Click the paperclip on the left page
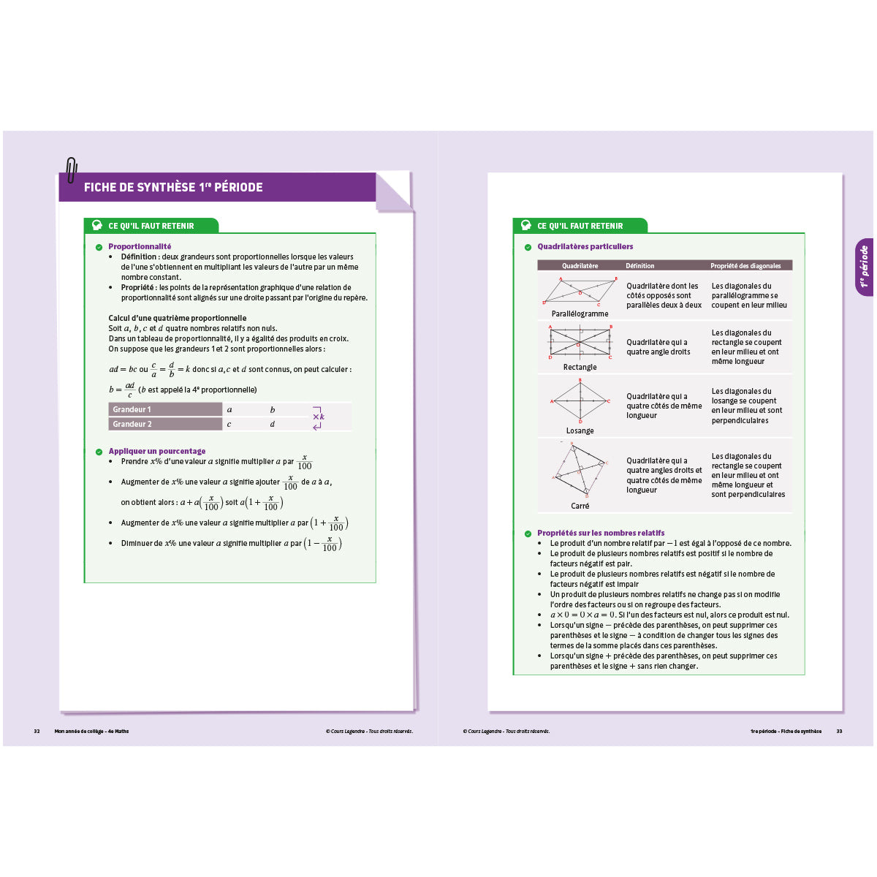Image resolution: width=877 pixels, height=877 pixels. [72, 170]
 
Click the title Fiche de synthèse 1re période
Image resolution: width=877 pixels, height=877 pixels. [173, 187]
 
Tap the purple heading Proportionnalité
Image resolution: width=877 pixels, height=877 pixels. [140, 246]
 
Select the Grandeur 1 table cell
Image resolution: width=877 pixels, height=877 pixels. [165, 409]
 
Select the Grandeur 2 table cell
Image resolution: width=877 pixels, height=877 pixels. [165, 424]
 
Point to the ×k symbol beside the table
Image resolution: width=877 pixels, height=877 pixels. [319, 417]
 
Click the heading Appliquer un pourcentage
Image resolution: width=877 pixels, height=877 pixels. [157, 451]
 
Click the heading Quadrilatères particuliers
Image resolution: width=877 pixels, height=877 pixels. [585, 246]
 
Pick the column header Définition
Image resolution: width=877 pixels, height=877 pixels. [640, 265]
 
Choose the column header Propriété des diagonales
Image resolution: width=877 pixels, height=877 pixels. [745, 265]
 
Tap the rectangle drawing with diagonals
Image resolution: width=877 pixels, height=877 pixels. [580, 341]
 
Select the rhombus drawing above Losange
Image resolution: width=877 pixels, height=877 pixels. [580, 401]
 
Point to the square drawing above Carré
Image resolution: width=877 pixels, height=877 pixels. [580, 470]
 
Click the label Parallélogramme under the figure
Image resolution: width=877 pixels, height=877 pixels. [580, 314]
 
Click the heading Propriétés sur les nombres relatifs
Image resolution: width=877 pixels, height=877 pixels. [601, 533]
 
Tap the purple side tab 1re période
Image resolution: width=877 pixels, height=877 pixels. [865, 267]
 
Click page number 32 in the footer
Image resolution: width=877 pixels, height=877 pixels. [37, 731]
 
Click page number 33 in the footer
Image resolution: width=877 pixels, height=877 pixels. [839, 731]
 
